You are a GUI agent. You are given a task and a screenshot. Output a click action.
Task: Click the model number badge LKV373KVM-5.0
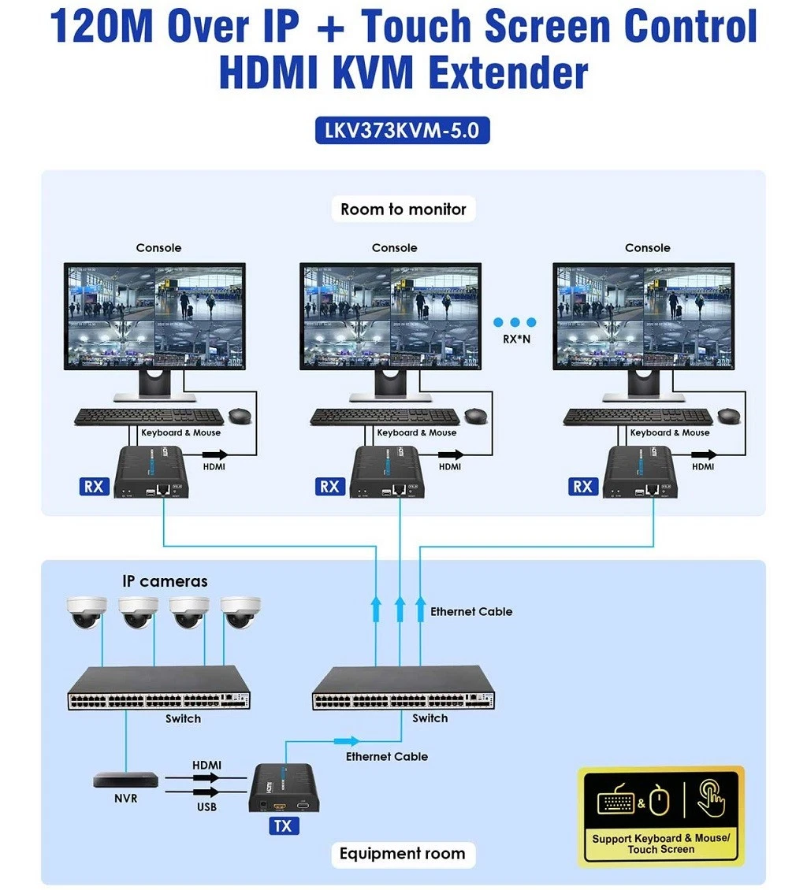click(403, 130)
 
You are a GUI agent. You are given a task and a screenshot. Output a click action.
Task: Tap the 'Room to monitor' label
click(403, 210)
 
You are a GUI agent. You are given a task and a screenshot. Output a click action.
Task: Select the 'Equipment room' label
click(402, 854)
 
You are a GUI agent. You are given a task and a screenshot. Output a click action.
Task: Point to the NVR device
click(125, 780)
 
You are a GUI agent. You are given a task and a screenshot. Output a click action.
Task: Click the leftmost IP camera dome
click(87, 610)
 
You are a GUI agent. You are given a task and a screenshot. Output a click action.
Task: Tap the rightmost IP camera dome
click(240, 610)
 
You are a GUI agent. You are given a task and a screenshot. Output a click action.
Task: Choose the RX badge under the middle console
click(329, 486)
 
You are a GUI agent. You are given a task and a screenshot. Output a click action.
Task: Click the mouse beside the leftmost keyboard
click(240, 415)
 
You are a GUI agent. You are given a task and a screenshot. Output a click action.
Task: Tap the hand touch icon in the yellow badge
click(711, 799)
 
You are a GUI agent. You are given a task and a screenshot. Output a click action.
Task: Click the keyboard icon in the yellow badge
click(616, 803)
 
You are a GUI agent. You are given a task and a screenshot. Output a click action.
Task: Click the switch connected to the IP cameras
click(158, 688)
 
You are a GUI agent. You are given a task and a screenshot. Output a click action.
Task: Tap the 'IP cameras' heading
click(165, 582)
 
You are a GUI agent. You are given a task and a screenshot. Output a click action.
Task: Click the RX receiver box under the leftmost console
click(150, 472)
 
